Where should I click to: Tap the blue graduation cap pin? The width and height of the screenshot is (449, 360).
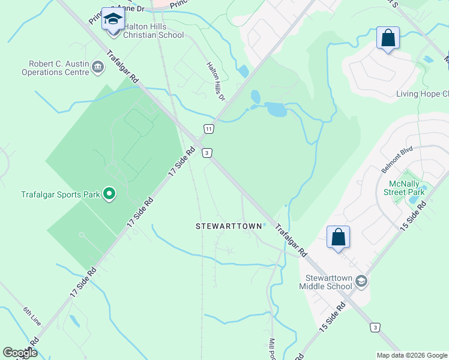[112, 20]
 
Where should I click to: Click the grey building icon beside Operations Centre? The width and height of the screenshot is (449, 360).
[98, 68]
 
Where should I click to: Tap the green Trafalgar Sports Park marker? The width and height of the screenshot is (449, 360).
[109, 193]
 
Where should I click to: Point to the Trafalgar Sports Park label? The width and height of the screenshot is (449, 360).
[59, 193]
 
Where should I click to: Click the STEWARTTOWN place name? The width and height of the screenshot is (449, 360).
[229, 226]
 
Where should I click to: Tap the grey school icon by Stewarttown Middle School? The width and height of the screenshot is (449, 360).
[361, 281]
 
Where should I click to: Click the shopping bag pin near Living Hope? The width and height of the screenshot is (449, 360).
[388, 38]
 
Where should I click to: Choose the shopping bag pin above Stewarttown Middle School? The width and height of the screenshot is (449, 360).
[339, 238]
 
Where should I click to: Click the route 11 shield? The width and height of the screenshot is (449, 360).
[208, 129]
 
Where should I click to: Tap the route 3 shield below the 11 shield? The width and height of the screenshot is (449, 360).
[206, 153]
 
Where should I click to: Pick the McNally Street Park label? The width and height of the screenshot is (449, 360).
[406, 188]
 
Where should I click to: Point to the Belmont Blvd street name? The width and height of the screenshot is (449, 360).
[397, 158]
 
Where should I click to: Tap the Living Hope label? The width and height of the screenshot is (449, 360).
[423, 94]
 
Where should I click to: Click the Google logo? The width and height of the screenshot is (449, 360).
[20, 353]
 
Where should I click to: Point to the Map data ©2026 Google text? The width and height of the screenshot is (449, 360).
[411, 355]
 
